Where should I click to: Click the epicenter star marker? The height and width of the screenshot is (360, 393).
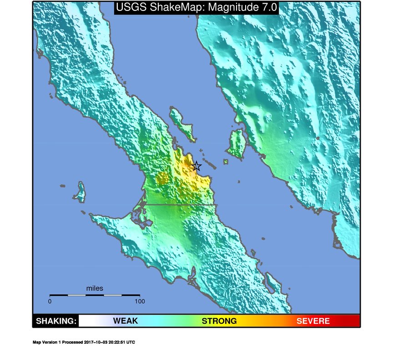196,166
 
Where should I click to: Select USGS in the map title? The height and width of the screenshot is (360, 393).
129,7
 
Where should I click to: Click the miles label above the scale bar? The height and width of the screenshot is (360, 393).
95,288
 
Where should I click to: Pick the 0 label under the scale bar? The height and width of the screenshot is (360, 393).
50,301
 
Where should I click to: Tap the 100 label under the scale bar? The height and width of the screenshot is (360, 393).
140,301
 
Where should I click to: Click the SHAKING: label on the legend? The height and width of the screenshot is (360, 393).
56,321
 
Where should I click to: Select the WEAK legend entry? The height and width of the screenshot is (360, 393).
125,321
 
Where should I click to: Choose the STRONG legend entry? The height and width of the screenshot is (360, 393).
219,321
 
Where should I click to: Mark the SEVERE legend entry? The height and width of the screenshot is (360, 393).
313,321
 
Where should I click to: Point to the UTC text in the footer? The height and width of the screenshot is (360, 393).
131,342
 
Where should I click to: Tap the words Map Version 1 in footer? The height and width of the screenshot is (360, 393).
47,342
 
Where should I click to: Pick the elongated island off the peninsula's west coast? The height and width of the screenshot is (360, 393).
81,191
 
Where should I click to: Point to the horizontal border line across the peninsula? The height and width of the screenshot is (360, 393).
182,205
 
